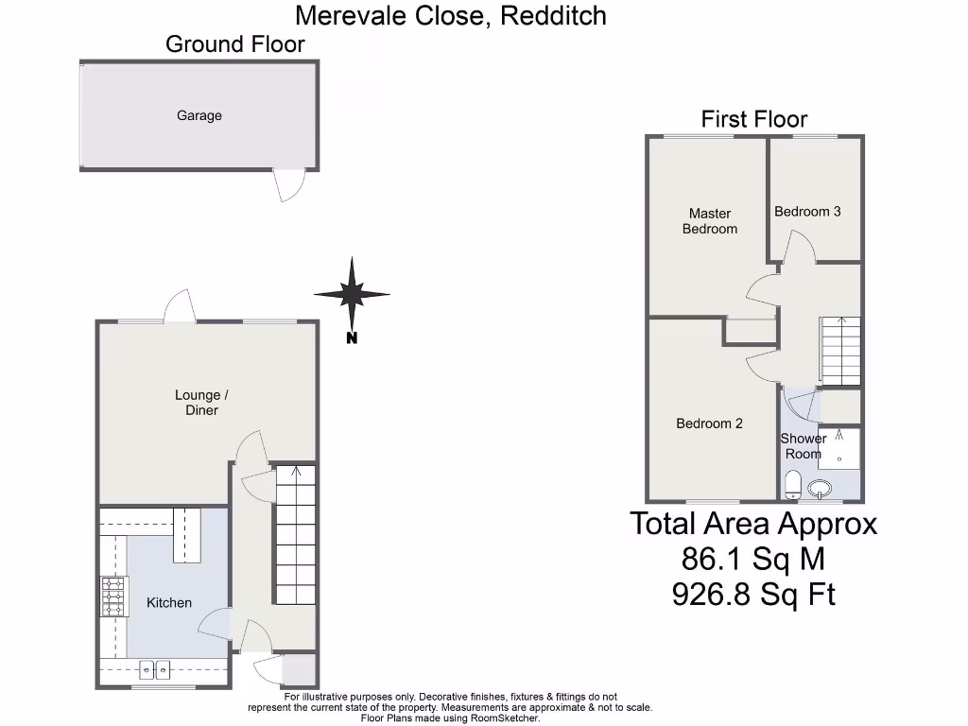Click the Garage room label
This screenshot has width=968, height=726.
click(x=199, y=115)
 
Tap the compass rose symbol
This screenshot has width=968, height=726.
click(x=352, y=294)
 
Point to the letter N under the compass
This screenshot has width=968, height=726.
click(x=352, y=338)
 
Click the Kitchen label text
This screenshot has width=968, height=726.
click(x=169, y=602)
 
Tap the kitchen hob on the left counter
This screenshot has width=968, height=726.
click(x=112, y=597)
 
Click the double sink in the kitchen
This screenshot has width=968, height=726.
click(x=154, y=669)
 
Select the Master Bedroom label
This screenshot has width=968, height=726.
click(x=709, y=221)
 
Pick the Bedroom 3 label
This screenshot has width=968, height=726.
click(x=807, y=212)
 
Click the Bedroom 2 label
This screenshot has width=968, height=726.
click(x=709, y=423)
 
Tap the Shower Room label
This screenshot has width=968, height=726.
click(x=803, y=446)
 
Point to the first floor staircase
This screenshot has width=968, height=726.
click(x=840, y=351)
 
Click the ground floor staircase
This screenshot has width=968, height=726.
click(x=295, y=534)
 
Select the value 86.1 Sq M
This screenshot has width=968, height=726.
click(x=753, y=560)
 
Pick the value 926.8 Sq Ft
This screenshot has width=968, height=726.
click(x=753, y=595)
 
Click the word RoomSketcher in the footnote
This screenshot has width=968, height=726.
click(x=505, y=718)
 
